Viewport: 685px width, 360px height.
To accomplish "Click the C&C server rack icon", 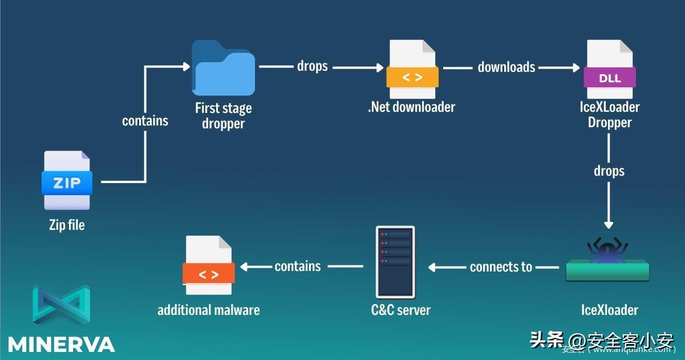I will point(395,261).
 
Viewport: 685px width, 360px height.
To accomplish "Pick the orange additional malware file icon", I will point(209,265).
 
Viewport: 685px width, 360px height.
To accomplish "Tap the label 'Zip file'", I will point(67,225).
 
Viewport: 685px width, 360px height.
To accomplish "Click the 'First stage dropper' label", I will point(223,115).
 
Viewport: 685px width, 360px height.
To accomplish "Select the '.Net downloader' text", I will point(412,107).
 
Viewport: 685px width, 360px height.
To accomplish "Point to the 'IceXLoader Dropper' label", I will point(609,114).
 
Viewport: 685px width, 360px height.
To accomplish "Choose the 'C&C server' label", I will point(400,310).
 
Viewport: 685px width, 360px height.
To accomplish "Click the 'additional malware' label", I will point(208,310).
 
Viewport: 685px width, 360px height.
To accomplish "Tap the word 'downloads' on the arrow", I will point(506,67).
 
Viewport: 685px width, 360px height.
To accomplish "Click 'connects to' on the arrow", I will point(501,266).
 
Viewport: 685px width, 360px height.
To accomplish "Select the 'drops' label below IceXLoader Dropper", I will point(609,171).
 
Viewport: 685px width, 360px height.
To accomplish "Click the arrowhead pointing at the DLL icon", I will point(575,68).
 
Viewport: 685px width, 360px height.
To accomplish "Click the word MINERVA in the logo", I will point(61,345).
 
